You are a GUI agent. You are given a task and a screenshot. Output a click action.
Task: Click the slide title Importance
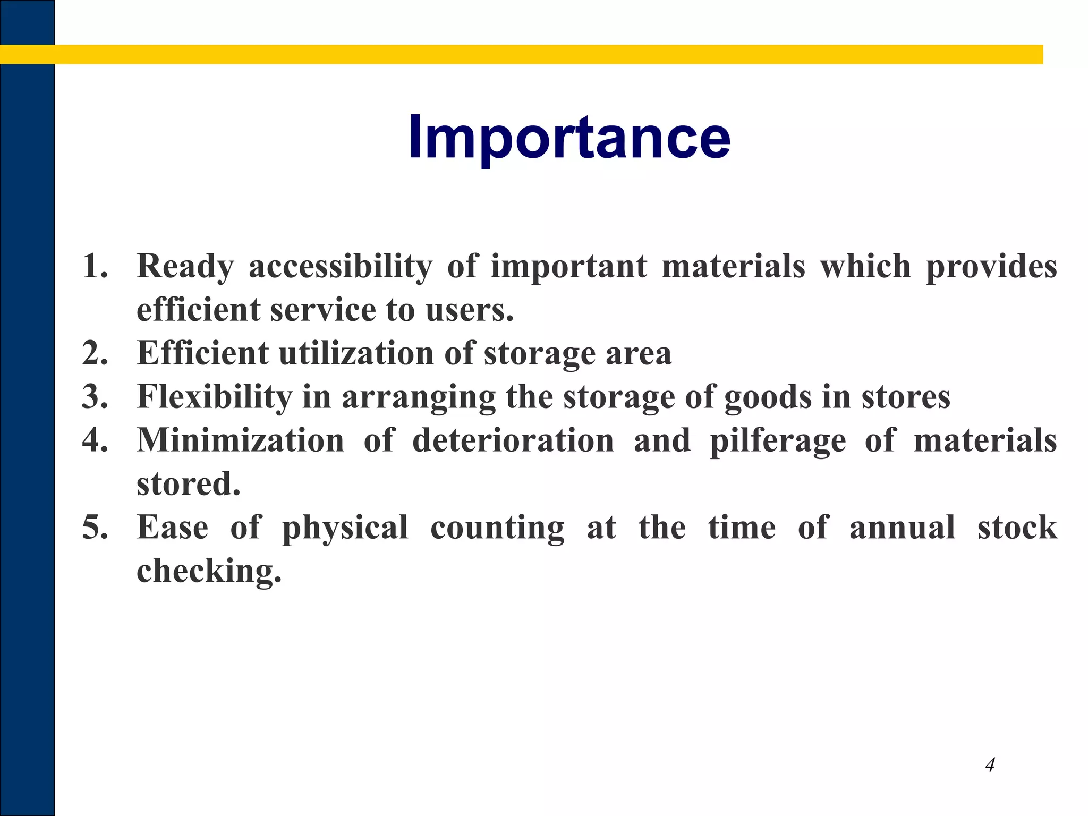click(569, 137)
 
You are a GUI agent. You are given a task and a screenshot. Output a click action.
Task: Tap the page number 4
click(990, 765)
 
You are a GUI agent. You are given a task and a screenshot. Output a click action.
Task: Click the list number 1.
click(95, 266)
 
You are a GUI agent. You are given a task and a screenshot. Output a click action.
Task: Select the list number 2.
click(95, 353)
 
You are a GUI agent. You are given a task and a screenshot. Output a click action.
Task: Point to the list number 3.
click(95, 396)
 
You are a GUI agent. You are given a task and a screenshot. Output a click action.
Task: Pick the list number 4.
click(95, 440)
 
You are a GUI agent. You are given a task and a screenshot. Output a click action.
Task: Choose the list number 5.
click(95, 527)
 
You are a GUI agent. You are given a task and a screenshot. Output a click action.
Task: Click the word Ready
click(185, 267)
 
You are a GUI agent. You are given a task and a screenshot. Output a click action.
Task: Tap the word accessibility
click(340, 267)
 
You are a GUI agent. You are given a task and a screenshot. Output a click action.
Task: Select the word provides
click(991, 267)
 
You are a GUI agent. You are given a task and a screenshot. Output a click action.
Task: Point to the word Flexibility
click(215, 397)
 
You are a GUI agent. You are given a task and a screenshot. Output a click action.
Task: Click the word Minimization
click(240, 440)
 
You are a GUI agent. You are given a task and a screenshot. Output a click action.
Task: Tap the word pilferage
click(778, 441)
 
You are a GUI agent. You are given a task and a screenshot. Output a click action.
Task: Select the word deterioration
click(513, 440)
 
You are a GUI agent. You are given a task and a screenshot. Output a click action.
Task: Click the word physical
click(345, 528)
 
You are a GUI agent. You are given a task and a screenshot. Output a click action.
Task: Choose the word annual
click(902, 527)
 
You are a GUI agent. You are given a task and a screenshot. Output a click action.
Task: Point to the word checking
click(208, 572)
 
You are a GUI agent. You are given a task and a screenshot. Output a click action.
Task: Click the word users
click(469, 309)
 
